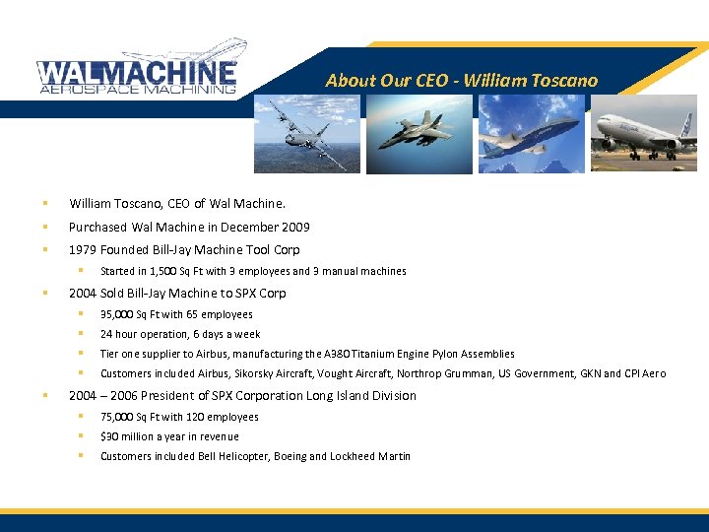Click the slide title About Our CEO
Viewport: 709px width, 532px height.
pos(461,81)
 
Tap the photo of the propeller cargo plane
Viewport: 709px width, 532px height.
pos(306,134)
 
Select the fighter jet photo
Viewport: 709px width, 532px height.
pos(419,134)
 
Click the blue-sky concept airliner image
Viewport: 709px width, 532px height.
pos(532,134)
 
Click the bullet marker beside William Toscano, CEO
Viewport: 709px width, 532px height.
pos(44,204)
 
